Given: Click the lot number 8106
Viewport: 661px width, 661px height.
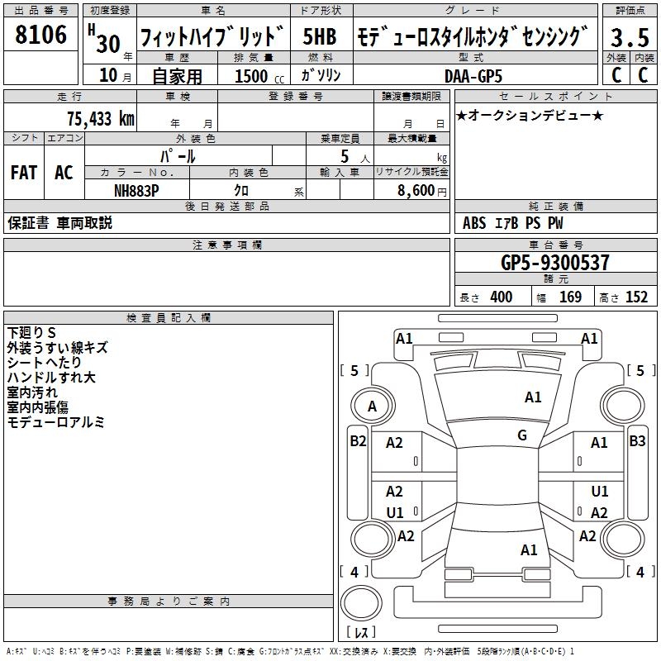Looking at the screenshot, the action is pyautogui.click(x=40, y=35).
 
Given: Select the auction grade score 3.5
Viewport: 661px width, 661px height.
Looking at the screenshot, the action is pyautogui.click(x=630, y=37).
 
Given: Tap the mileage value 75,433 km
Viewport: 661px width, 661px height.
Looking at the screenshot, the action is pyautogui.click(x=101, y=118).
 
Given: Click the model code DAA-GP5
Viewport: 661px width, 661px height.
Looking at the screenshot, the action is pyautogui.click(x=473, y=76).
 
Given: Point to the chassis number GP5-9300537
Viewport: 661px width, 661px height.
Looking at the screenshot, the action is pyautogui.click(x=555, y=263).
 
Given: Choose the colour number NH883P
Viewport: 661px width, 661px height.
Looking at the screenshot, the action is pyautogui.click(x=136, y=191).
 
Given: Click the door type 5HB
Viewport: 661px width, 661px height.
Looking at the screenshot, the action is pyautogui.click(x=320, y=36).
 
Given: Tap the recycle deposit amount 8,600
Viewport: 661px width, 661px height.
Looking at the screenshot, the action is pyautogui.click(x=416, y=191).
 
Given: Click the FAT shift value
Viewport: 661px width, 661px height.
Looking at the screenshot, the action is pyautogui.click(x=24, y=173).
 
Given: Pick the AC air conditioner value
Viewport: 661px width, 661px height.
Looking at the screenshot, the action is pyautogui.click(x=64, y=173).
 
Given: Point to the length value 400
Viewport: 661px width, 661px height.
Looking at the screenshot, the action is pyautogui.click(x=502, y=297).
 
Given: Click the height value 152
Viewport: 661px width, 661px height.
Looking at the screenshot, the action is pyautogui.click(x=636, y=297).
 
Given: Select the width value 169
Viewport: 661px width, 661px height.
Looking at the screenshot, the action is pyautogui.click(x=570, y=297).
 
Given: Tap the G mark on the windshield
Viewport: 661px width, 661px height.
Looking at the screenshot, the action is pyautogui.click(x=522, y=435).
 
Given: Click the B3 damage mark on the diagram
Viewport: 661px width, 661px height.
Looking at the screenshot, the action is pyautogui.click(x=637, y=441).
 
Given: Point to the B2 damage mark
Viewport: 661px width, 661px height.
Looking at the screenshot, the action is pyautogui.click(x=358, y=441).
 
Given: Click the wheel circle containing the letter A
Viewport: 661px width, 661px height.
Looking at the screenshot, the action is pyautogui.click(x=373, y=406).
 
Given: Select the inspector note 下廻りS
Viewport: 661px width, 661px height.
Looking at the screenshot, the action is pyautogui.click(x=31, y=333).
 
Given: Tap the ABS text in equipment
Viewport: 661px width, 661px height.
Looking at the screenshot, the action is pyautogui.click(x=474, y=223).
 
